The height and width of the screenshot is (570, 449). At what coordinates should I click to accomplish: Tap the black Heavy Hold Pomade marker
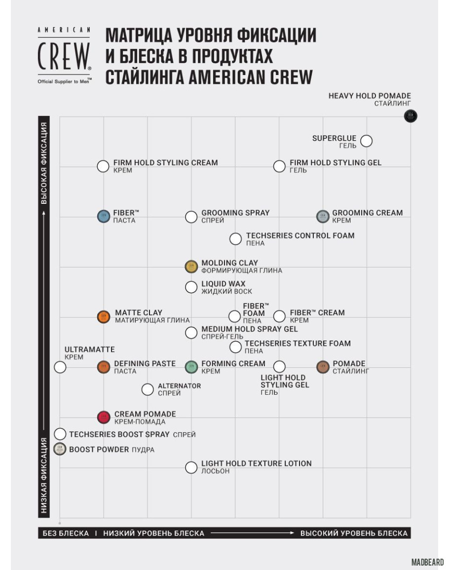click(x=411, y=116)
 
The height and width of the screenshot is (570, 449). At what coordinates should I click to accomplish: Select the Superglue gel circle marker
click(x=366, y=141)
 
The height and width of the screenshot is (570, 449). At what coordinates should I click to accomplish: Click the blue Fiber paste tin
click(x=103, y=216)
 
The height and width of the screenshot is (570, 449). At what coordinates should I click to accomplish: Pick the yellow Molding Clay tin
click(x=191, y=266)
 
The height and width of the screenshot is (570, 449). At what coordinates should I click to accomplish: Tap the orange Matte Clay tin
click(x=103, y=316)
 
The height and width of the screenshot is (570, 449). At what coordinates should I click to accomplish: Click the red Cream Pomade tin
click(x=103, y=417)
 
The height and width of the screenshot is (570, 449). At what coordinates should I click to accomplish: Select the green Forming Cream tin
click(x=191, y=367)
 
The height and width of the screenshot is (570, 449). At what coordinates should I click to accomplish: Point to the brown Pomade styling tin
click(x=323, y=367)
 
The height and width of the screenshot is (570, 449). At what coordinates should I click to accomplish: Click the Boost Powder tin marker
click(x=60, y=449)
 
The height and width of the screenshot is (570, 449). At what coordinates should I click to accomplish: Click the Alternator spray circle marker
click(x=148, y=389)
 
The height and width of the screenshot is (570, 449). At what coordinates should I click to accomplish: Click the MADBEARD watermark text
click(x=427, y=562)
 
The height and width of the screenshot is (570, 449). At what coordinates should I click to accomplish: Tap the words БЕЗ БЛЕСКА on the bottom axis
click(x=66, y=533)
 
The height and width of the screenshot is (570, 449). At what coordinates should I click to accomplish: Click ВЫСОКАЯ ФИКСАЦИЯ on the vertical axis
click(x=44, y=163)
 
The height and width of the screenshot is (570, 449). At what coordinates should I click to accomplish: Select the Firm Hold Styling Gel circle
click(x=279, y=166)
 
